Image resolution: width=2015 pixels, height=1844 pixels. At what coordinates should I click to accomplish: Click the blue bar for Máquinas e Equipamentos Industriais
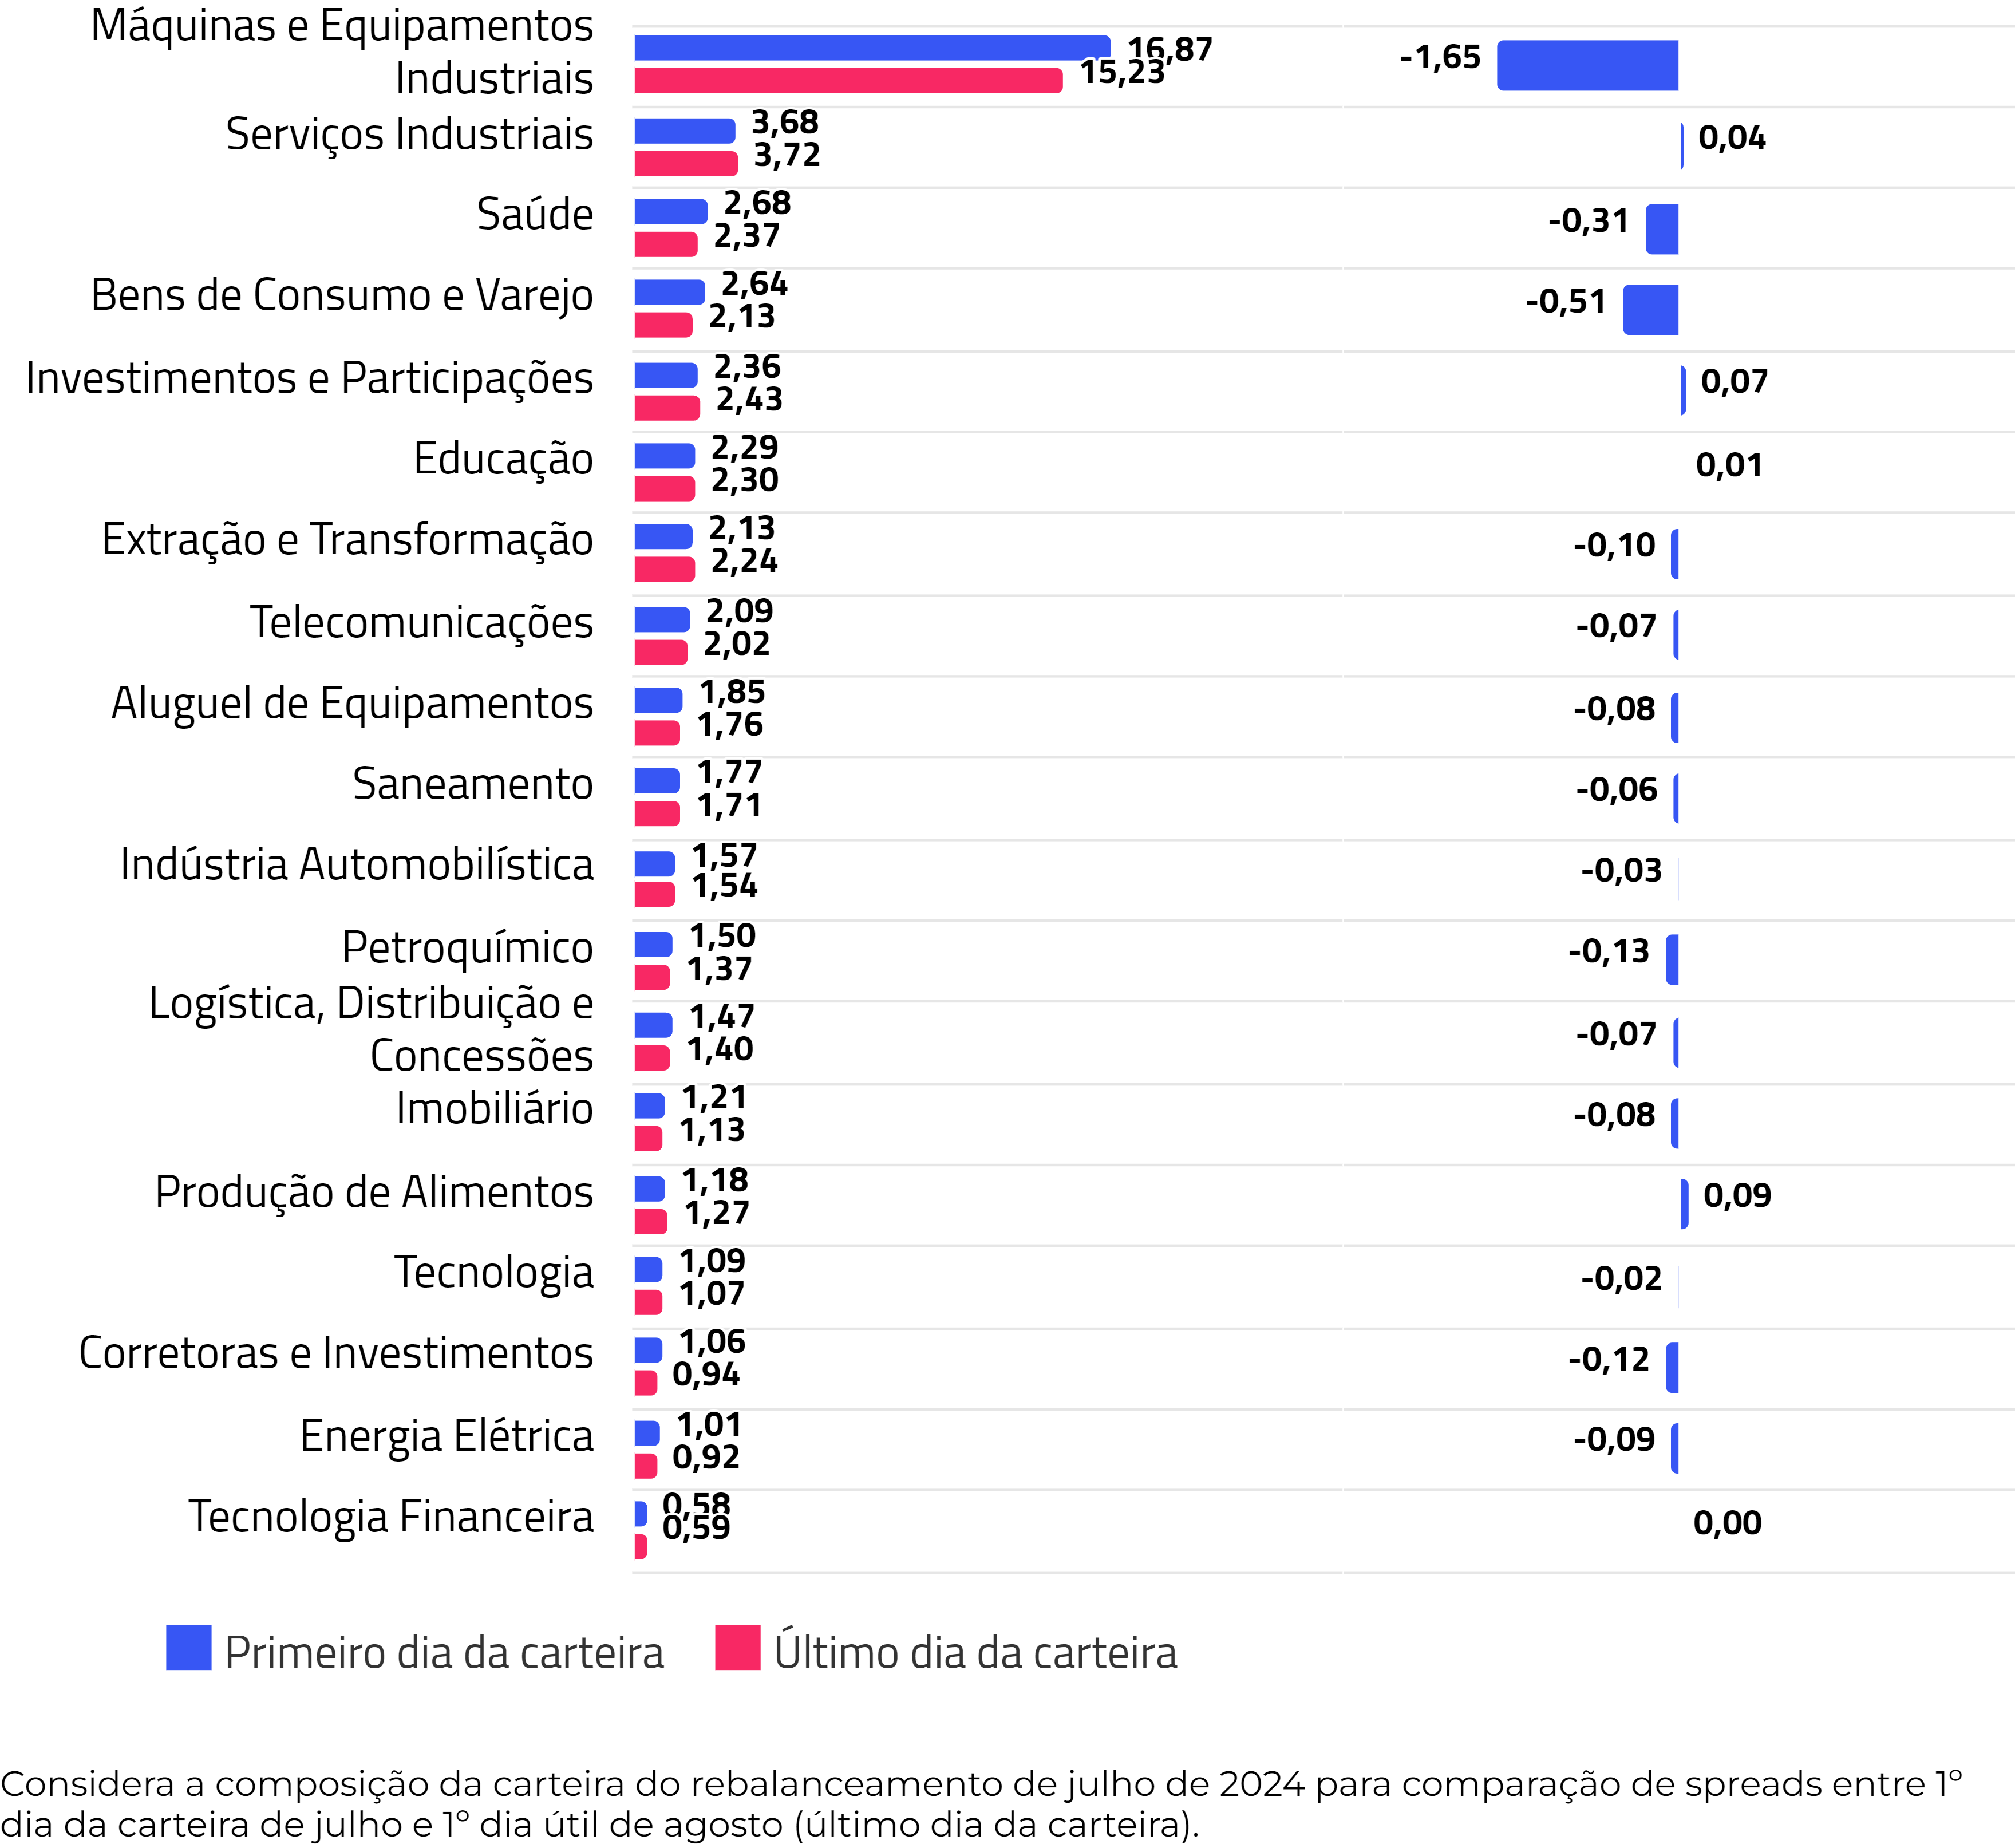point(872,47)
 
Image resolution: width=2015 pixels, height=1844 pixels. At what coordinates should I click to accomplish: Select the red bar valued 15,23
point(848,81)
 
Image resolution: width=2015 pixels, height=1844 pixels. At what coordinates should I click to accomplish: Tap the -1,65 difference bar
point(1587,65)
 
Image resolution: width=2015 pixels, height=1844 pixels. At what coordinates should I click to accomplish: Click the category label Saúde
point(535,215)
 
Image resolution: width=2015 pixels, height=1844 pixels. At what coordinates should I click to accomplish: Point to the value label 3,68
point(785,122)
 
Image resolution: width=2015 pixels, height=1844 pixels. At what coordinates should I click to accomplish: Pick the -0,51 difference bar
point(1650,310)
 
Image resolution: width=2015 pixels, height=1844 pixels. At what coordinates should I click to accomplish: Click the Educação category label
point(503,459)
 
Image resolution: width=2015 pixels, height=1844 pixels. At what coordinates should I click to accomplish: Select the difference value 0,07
point(1734,381)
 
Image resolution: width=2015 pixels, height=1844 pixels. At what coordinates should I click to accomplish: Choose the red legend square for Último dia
point(738,1647)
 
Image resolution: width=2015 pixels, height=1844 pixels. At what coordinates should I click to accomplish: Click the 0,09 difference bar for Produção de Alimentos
point(1684,1203)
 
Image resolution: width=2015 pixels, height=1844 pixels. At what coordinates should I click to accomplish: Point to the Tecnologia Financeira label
point(391,1516)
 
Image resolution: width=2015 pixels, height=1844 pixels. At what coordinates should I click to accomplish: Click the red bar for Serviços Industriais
point(686,163)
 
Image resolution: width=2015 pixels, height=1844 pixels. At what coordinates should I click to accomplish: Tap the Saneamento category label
point(473,784)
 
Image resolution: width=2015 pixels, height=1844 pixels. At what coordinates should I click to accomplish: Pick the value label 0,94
point(706,1374)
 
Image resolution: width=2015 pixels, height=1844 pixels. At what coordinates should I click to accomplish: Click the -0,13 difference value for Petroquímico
point(1608,950)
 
